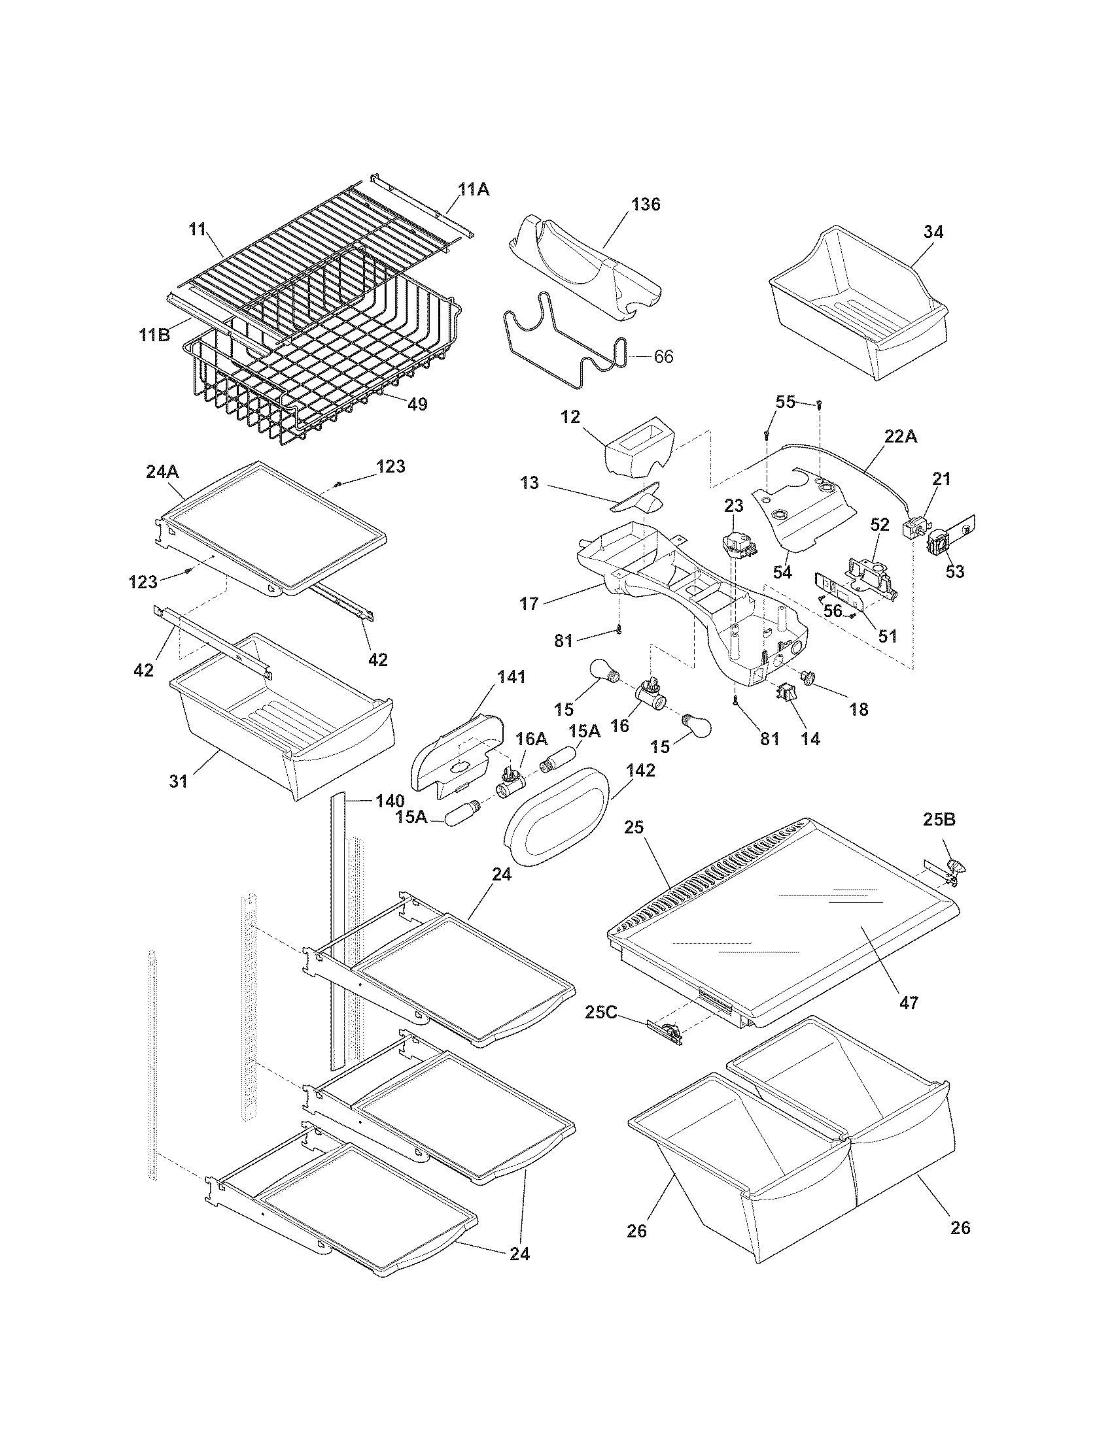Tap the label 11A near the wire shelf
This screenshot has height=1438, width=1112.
pyautogui.click(x=474, y=190)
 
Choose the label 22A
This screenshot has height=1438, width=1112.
pyautogui.click(x=901, y=437)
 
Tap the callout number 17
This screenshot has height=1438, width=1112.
pyautogui.click(x=529, y=603)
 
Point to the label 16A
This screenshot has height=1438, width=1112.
pyautogui.click(x=531, y=739)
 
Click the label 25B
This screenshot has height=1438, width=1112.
pyautogui.click(x=939, y=820)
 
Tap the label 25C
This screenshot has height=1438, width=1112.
pyautogui.click(x=600, y=1012)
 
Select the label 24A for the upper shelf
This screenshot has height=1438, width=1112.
pyautogui.click(x=163, y=472)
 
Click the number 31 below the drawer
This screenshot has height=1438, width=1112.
pyautogui.click(x=179, y=781)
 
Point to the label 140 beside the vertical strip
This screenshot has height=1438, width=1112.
pyautogui.click(x=390, y=801)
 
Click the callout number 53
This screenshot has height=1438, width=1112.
pyautogui.click(x=954, y=571)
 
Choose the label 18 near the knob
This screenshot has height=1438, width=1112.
pyautogui.click(x=859, y=709)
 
